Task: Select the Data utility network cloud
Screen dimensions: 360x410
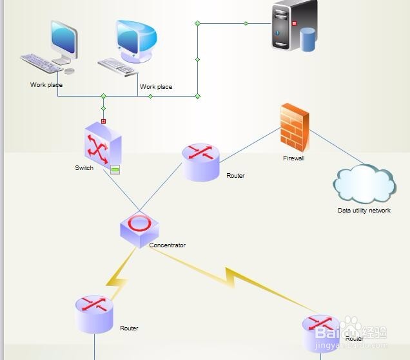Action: coord(364,185)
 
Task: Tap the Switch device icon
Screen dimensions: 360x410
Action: coord(101,145)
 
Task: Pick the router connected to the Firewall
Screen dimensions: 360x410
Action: coord(200,162)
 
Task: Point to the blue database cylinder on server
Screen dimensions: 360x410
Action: coord(308,39)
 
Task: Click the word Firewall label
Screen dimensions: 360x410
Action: coord(293,158)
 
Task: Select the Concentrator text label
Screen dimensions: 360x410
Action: coord(167,245)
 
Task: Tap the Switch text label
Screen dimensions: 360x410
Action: coord(84,168)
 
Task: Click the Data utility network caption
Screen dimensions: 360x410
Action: coord(364,211)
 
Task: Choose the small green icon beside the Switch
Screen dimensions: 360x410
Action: coord(115,170)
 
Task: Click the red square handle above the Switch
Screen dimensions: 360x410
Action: coord(103,121)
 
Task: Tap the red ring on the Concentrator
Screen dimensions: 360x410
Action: coord(139,223)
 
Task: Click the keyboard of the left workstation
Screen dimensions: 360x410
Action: coord(43,62)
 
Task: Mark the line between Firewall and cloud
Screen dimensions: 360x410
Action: coord(337,147)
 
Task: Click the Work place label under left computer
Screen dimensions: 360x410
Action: coord(46,85)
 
